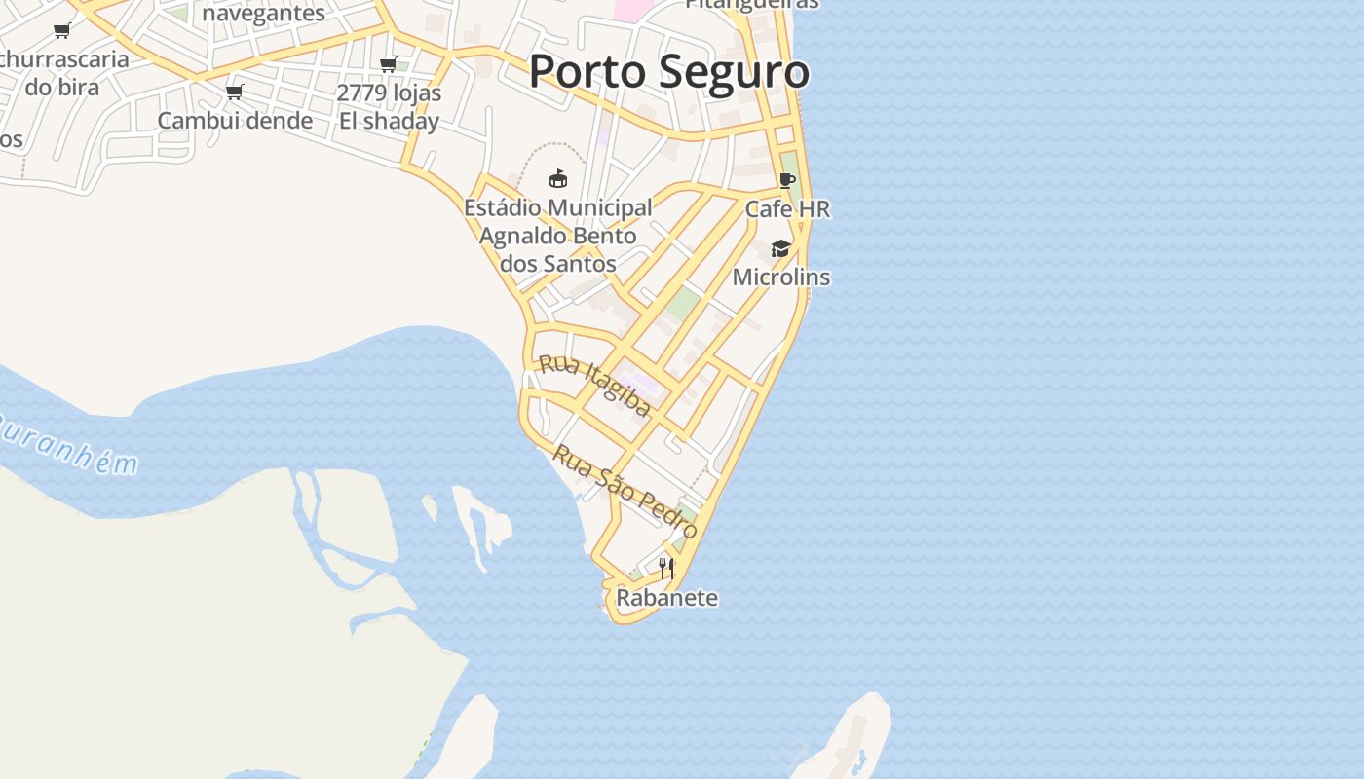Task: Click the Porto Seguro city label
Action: (668, 72)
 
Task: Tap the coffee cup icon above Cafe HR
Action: (787, 181)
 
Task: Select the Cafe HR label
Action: (787, 208)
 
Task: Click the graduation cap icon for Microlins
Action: (780, 249)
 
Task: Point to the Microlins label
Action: (780, 277)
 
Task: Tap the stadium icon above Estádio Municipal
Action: (557, 178)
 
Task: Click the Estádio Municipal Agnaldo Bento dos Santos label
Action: (557, 236)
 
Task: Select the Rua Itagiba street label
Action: (594, 386)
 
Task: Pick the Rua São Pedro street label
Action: (625, 491)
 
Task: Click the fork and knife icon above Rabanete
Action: (666, 568)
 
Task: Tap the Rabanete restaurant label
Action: (666, 597)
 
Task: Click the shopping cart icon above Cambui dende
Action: (234, 93)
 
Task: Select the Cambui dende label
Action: (235, 121)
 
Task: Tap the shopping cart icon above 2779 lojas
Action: (388, 65)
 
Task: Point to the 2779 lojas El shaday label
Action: (389, 107)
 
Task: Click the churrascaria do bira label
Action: (63, 72)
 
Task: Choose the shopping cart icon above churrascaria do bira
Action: (62, 31)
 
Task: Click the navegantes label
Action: (263, 13)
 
